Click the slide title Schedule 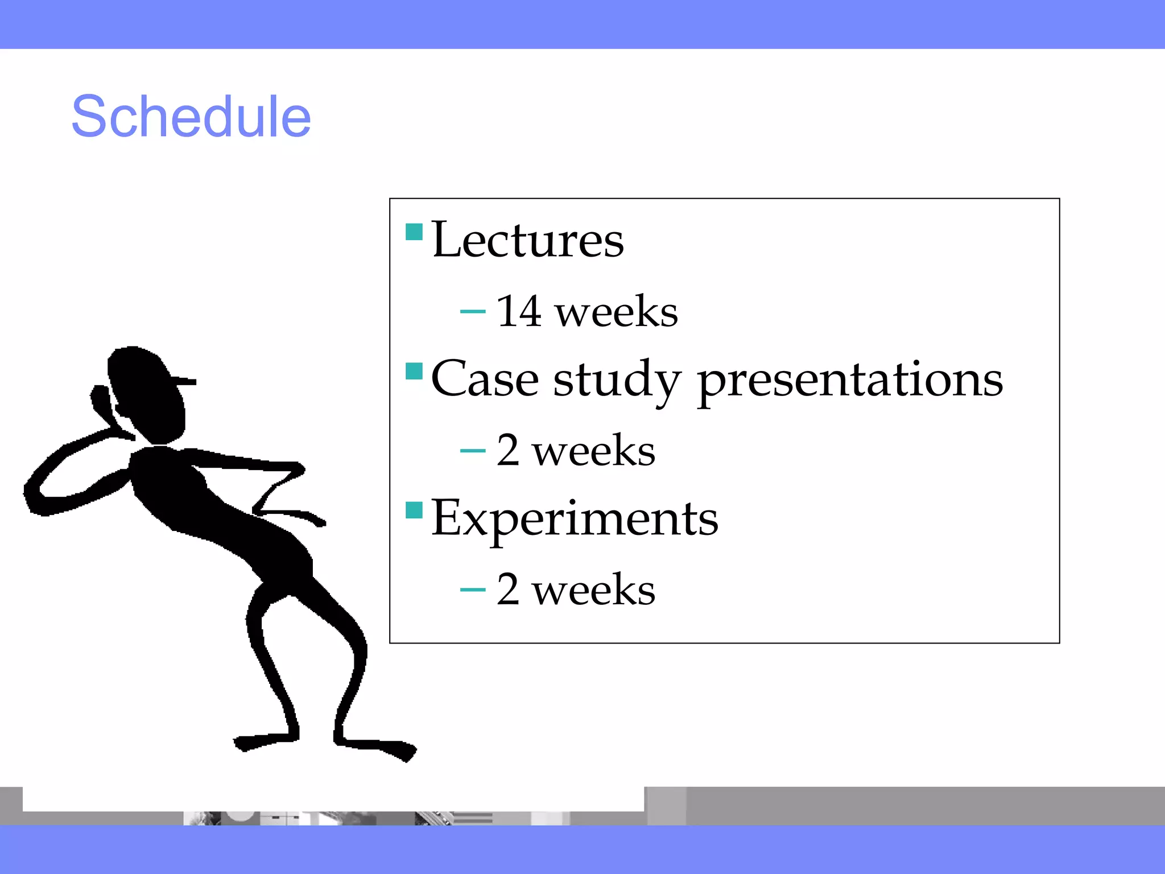191,117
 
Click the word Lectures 527,240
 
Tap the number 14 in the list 518,311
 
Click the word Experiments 575,519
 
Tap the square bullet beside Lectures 414,232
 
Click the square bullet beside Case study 414,371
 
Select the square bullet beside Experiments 414,510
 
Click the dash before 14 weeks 473,312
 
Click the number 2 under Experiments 508,589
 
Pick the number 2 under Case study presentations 508,451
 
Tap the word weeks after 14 617,312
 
